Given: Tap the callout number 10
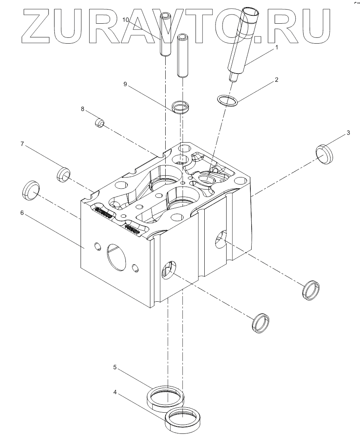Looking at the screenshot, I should [126, 20].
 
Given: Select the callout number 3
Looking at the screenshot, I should [348, 133].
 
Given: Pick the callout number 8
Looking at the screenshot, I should [83, 109].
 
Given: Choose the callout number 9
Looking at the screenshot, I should [125, 84].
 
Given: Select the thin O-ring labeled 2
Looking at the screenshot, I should [228, 100].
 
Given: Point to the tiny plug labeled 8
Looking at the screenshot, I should [100, 123].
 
